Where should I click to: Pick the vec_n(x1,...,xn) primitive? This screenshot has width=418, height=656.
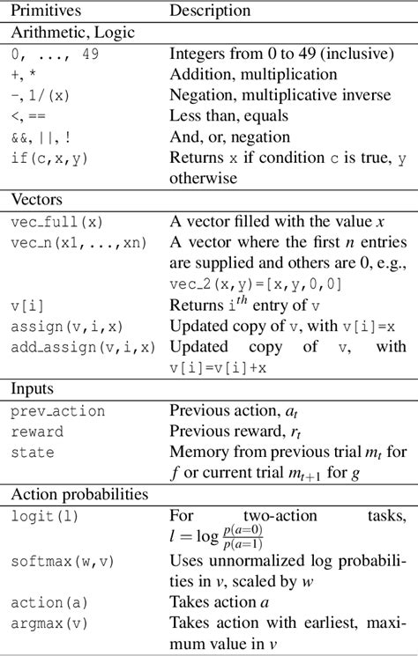pyautogui.click(x=79, y=243)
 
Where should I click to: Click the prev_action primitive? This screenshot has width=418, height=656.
pyautogui.click(x=58, y=410)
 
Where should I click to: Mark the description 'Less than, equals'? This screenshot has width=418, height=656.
pyautogui.click(x=228, y=116)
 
